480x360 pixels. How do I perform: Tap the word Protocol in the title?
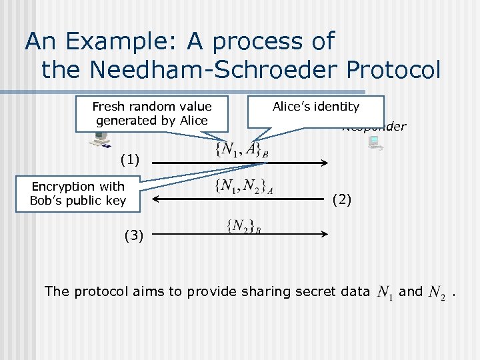(x=393, y=69)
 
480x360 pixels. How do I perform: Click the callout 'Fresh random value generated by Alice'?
(x=152, y=113)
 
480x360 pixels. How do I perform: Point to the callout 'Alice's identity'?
(x=316, y=107)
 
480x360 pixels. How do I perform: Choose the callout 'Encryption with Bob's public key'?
(x=78, y=193)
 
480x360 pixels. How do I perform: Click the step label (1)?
(x=129, y=159)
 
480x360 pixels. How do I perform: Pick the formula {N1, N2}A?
(x=244, y=189)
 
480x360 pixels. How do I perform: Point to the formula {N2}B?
(x=244, y=226)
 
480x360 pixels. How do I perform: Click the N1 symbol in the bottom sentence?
(x=385, y=292)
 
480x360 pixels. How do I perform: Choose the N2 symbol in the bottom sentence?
(x=437, y=293)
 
